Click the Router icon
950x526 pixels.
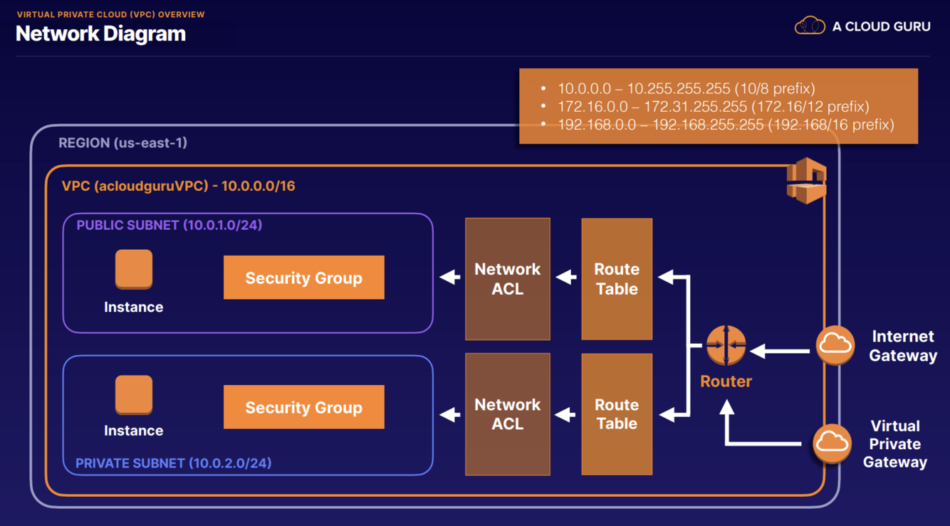(x=726, y=346)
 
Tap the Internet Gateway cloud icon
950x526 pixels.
(x=835, y=344)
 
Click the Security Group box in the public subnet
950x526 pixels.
(x=303, y=278)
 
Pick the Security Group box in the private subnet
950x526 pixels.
(x=303, y=407)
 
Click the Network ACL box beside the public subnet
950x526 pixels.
(x=507, y=279)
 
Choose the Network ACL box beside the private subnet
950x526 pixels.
(x=507, y=414)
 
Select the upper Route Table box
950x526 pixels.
(x=617, y=279)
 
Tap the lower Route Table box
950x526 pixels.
(x=617, y=414)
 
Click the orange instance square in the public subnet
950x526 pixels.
(x=134, y=269)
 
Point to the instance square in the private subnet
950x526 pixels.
(x=134, y=394)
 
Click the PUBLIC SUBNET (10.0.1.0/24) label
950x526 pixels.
(x=169, y=225)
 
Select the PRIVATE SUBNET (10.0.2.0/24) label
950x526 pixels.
(x=173, y=463)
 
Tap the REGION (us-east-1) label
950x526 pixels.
(x=122, y=143)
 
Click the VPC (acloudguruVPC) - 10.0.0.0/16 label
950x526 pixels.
(x=178, y=186)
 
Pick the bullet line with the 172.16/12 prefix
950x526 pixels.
(x=713, y=107)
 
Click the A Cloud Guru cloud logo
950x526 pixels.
(x=809, y=26)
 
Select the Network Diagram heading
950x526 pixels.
(x=100, y=33)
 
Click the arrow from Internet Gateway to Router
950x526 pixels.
(x=781, y=350)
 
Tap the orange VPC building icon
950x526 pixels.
(x=806, y=181)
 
